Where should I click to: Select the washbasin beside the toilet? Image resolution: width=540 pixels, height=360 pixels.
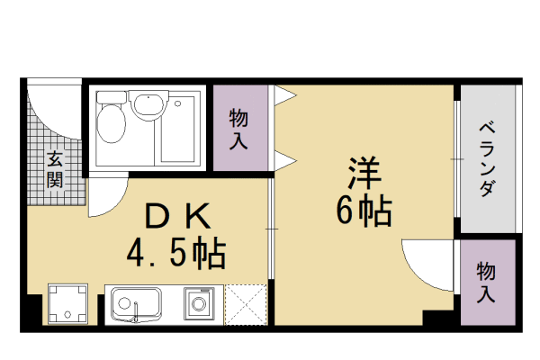click(x=148, y=106)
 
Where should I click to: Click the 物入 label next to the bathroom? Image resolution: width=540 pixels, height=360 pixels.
click(x=239, y=129)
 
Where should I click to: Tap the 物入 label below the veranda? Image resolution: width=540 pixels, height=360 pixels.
click(x=487, y=281)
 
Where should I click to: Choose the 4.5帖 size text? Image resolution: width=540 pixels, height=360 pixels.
click(x=175, y=255)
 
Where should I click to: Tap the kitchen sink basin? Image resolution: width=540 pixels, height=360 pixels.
click(x=136, y=303)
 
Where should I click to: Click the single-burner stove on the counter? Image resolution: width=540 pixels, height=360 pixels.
click(x=199, y=303)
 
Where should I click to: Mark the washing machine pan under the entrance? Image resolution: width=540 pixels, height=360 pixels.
click(x=67, y=304)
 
